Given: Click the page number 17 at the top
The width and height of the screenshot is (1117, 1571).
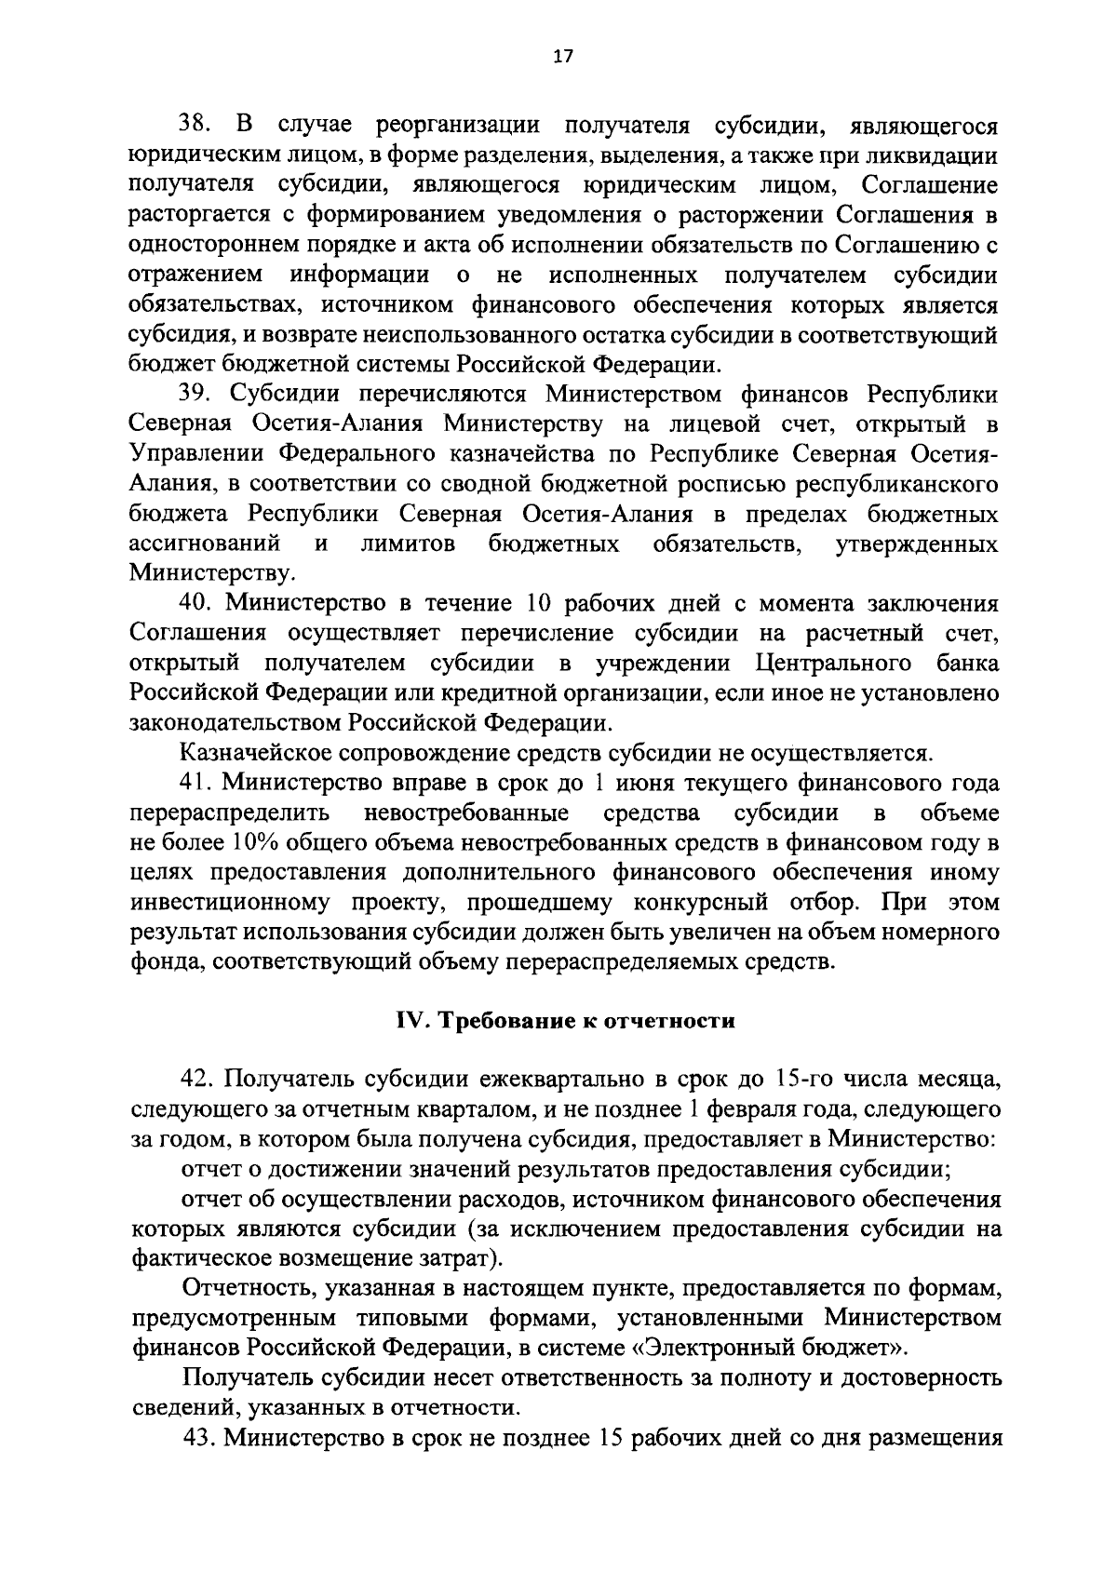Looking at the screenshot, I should point(563,57).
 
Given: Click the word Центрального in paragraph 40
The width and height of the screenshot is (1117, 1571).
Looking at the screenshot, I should point(833,664).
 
